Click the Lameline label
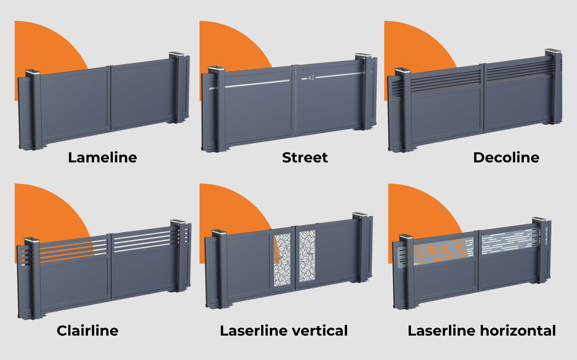[x=102, y=158]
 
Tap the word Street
[x=305, y=158]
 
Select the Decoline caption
[x=506, y=158]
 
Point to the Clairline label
[x=88, y=331]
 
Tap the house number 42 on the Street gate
[x=311, y=78]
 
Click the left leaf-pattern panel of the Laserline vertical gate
[x=282, y=260]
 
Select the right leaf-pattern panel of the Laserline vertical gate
[x=307, y=256]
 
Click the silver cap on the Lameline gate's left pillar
[x=33, y=73]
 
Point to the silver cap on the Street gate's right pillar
[x=363, y=56]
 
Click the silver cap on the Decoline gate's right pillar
[x=553, y=51]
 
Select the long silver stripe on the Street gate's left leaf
[x=257, y=84]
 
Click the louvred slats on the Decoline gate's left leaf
[x=446, y=82]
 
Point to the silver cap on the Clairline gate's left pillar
[x=32, y=241]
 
